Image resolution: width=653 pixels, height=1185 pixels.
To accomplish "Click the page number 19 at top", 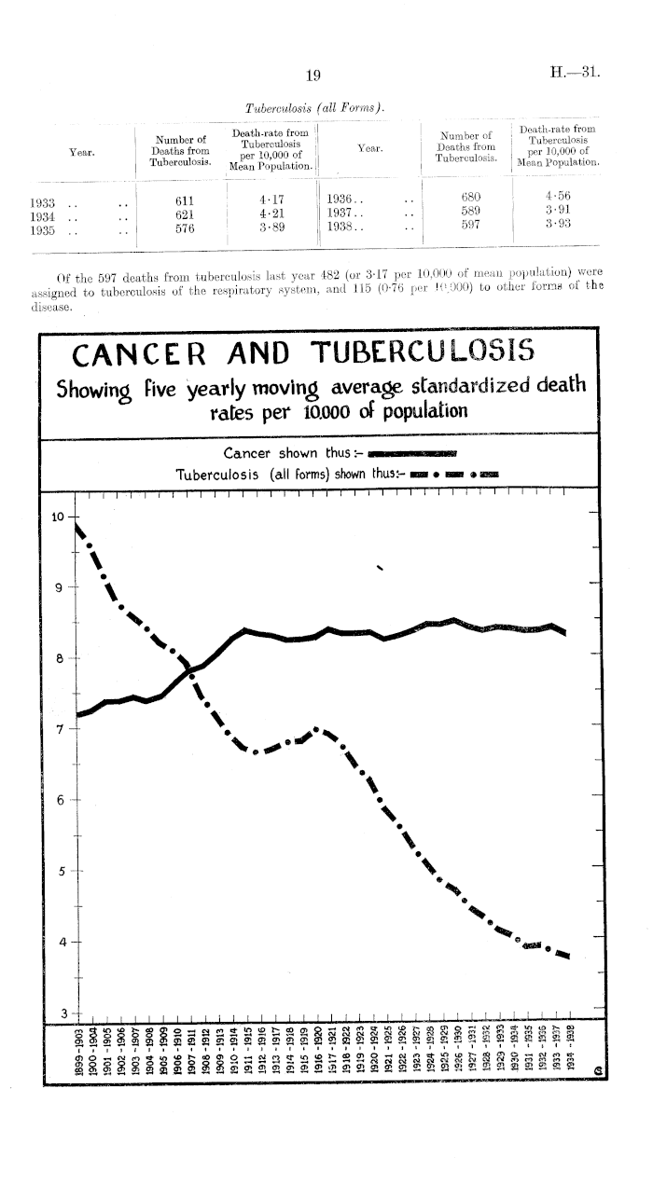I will click(313, 75).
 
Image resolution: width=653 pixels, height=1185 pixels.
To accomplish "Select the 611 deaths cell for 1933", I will click(185, 200).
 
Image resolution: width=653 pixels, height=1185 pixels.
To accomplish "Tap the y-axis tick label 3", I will click(60, 1014).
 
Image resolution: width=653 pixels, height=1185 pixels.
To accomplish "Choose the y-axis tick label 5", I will click(60, 872).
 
